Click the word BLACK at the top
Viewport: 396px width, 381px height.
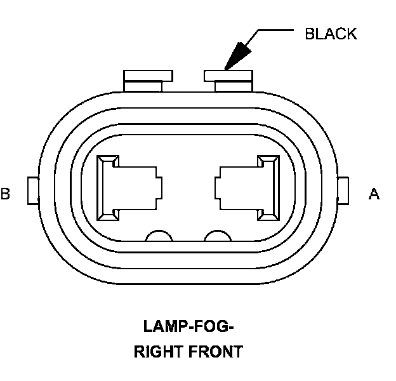331,34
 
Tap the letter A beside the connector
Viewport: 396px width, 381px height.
374,194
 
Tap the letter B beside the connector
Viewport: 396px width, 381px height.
5,194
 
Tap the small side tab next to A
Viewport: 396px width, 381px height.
343,190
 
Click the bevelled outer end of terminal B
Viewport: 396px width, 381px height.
101,187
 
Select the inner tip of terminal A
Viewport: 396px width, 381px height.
218,187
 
